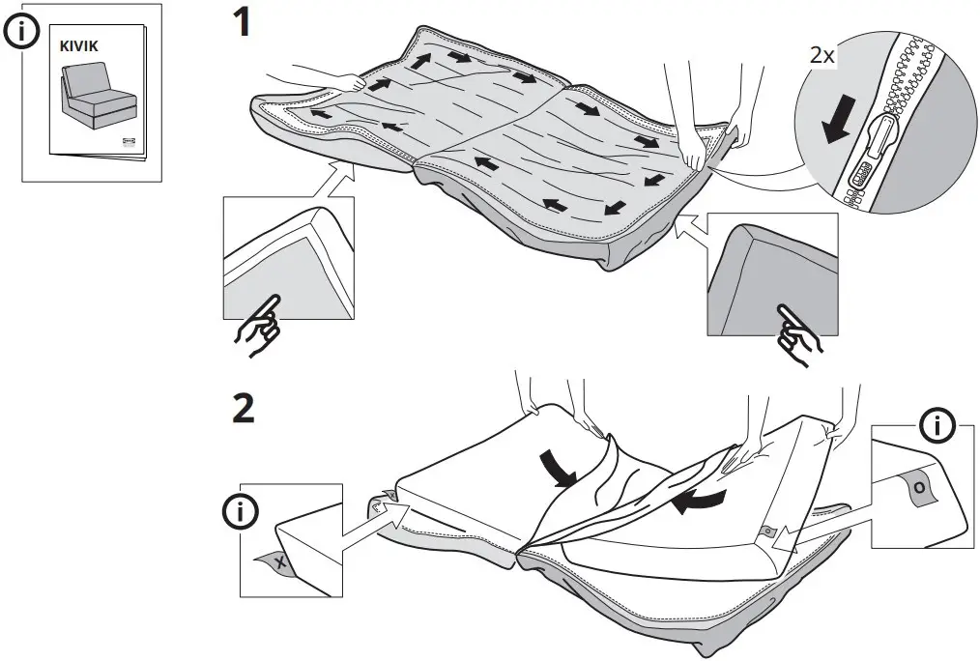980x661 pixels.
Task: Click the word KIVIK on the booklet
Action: [x=79, y=44]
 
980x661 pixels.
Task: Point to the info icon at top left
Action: [x=20, y=31]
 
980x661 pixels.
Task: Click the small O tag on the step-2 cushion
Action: [x=767, y=531]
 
